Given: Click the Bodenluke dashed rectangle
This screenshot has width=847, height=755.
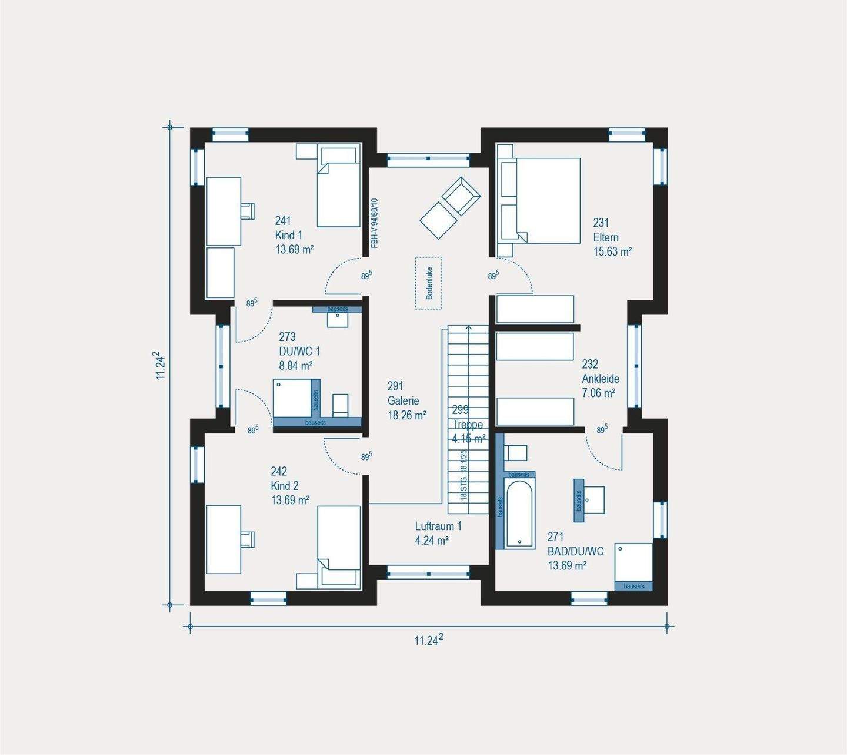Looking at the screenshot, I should [x=429, y=283].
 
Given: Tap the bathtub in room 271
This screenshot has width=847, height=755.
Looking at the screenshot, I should [x=520, y=514].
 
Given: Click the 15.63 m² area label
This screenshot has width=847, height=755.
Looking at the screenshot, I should [x=612, y=251].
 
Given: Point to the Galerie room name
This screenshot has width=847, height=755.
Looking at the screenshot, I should [x=403, y=400].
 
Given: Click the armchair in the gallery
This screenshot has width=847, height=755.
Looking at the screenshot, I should [x=461, y=195].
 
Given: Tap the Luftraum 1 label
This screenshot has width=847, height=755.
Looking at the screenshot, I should [x=438, y=526].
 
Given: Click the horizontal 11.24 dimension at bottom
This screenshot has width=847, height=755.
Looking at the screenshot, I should [x=428, y=640].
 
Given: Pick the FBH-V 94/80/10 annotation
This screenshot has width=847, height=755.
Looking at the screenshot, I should [x=374, y=224].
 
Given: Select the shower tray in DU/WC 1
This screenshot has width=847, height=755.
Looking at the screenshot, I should [x=292, y=399].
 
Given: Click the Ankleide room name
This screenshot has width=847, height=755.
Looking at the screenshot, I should [x=601, y=379].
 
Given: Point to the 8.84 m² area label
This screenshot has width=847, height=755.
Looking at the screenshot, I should [x=295, y=365].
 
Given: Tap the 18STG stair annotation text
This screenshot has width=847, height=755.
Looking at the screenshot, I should [x=463, y=475].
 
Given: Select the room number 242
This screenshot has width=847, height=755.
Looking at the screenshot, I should [x=279, y=471].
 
